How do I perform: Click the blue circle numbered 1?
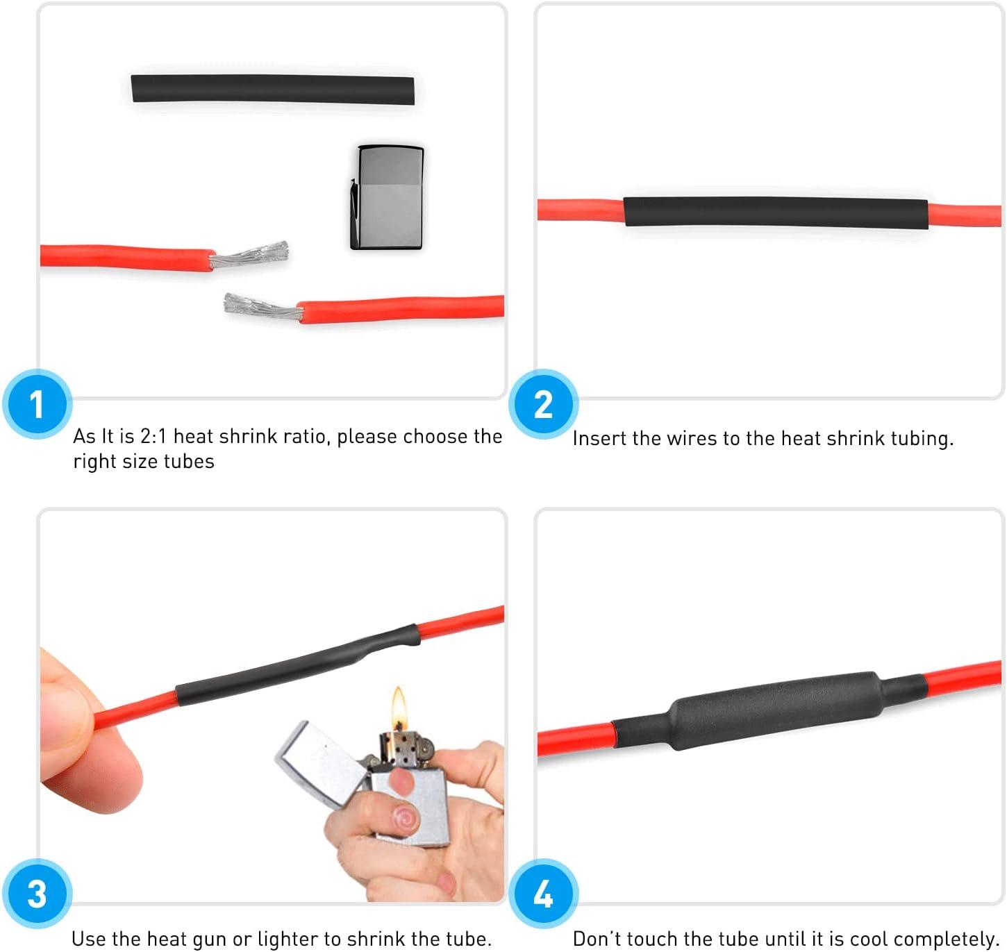[x=38, y=404]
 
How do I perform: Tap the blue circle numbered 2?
[x=544, y=404]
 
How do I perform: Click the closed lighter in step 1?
[x=388, y=198]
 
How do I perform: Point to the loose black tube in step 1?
[x=272, y=90]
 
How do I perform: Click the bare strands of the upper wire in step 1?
[x=249, y=254]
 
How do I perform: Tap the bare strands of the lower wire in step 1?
[x=263, y=306]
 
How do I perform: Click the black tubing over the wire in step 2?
[x=776, y=212]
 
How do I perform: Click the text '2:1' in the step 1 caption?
[x=153, y=436]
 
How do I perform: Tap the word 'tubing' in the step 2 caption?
[x=922, y=439]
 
